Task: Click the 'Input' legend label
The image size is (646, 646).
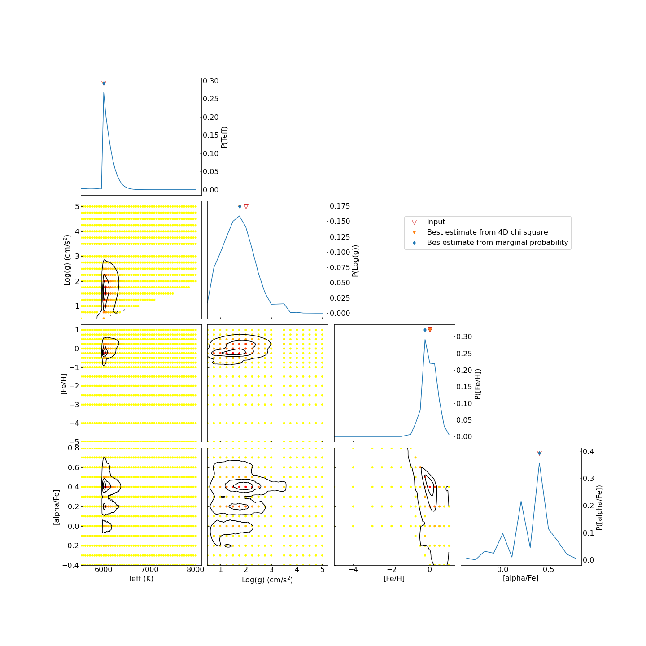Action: pyautogui.click(x=436, y=222)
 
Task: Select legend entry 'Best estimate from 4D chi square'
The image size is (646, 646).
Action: pyautogui.click(x=487, y=232)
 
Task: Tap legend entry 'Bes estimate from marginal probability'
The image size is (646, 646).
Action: pyautogui.click(x=497, y=243)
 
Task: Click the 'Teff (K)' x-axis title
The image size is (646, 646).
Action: pyautogui.click(x=141, y=579)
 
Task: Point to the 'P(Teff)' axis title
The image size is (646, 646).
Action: pyautogui.click(x=224, y=137)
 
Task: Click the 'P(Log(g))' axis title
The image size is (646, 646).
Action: pyautogui.click(x=355, y=260)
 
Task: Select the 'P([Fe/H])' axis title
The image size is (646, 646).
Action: pyautogui.click(x=478, y=384)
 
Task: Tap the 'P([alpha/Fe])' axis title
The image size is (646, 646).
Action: pyautogui.click(x=599, y=507)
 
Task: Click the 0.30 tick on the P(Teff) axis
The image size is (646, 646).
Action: pyautogui.click(x=210, y=81)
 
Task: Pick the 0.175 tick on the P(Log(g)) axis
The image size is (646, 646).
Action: pyautogui.click(x=340, y=206)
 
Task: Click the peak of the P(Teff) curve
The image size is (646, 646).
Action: pyautogui.click(x=104, y=93)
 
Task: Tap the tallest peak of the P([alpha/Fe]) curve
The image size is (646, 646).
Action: pyautogui.click(x=539, y=463)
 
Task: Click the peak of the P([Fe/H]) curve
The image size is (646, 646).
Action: pyautogui.click(x=425, y=339)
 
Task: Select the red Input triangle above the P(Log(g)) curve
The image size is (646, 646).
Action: pyautogui.click(x=246, y=206)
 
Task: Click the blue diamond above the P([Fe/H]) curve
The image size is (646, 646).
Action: pyautogui.click(x=425, y=330)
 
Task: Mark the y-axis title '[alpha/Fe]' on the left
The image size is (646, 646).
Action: pyautogui.click(x=57, y=507)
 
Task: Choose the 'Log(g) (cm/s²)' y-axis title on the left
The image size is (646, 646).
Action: pyautogui.click(x=68, y=260)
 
